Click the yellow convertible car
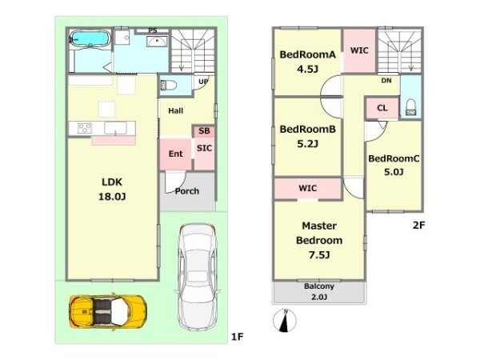point(108,311)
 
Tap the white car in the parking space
point(198,277)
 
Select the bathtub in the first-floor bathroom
point(90,39)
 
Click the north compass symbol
point(284,321)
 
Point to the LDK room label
point(112,182)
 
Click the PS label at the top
point(153,30)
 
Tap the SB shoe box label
point(204,131)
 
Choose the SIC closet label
point(204,148)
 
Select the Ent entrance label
point(176,154)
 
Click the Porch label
point(187,191)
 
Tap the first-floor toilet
point(168,85)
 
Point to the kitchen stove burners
point(85,128)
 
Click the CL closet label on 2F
point(382,108)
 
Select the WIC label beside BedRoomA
point(359,50)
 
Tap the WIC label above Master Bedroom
point(308,188)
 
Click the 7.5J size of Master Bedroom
point(319,254)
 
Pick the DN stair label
point(386,81)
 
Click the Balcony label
point(319,286)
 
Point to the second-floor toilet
point(410,108)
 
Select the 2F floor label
point(418,226)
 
